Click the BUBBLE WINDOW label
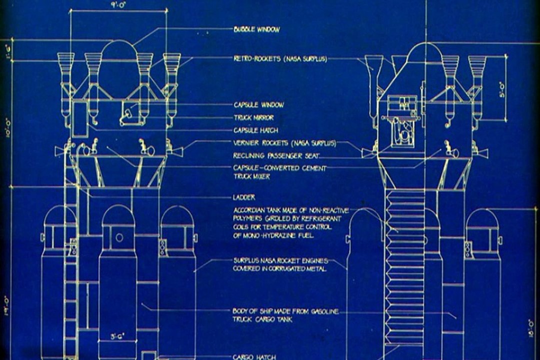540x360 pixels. click(256, 29)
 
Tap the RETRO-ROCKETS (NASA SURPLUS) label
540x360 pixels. click(280, 58)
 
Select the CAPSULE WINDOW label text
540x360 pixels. click(258, 105)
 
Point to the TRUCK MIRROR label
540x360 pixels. click(253, 118)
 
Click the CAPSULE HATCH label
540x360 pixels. click(255, 130)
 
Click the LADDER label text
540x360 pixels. click(244, 197)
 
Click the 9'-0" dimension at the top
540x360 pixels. click(117, 4)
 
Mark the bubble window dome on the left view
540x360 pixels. click(119, 51)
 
